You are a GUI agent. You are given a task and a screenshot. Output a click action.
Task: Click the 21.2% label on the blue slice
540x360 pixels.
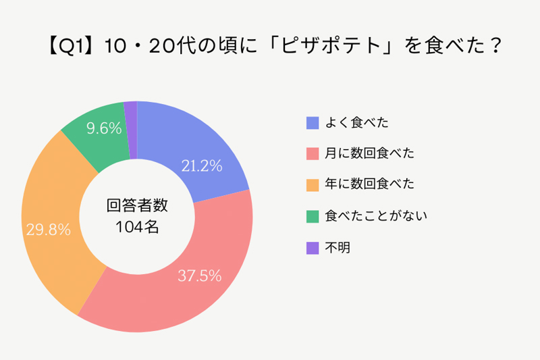pyautogui.click(x=202, y=165)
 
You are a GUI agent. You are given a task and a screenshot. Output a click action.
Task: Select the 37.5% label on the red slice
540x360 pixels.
pyautogui.click(x=200, y=275)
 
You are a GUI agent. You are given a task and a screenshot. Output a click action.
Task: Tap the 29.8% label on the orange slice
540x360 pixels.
pyautogui.click(x=49, y=230)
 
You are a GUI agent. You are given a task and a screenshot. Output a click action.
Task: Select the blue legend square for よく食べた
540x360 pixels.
pyautogui.click(x=313, y=122)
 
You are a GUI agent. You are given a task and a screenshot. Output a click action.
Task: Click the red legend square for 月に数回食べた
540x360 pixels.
pyautogui.click(x=313, y=153)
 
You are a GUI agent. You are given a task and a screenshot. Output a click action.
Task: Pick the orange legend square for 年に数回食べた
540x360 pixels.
pyautogui.click(x=313, y=184)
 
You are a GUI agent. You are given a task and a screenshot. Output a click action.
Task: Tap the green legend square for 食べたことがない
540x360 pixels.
pyautogui.click(x=313, y=216)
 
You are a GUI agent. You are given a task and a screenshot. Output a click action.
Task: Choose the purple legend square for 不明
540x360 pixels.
pyautogui.click(x=313, y=248)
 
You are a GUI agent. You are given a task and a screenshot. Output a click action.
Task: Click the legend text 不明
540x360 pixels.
pyautogui.click(x=337, y=248)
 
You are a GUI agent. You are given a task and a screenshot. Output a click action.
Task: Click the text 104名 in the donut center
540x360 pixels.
pyautogui.click(x=137, y=227)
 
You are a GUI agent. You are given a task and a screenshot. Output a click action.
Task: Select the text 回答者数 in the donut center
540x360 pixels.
pyautogui.click(x=137, y=205)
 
